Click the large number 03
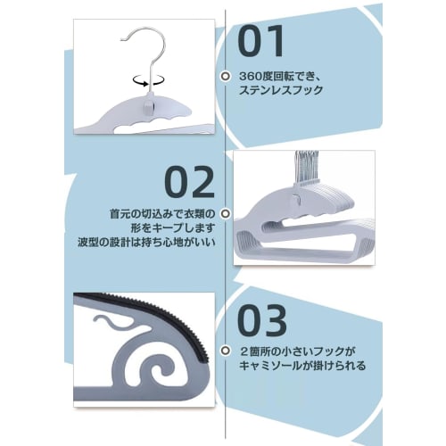pos(262,318)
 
